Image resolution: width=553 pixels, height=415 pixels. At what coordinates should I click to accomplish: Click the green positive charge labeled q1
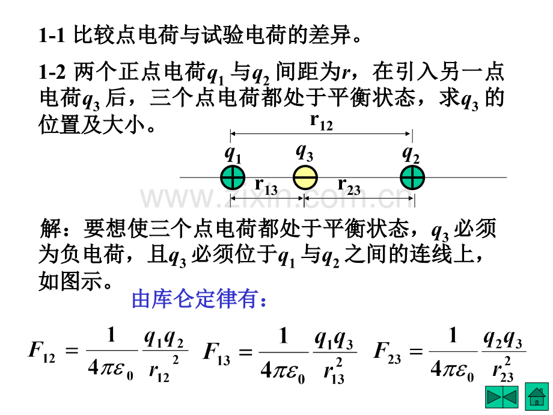point(233,177)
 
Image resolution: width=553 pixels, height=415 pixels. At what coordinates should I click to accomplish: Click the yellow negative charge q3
point(305,177)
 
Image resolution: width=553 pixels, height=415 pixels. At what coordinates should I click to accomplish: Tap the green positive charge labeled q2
point(412,177)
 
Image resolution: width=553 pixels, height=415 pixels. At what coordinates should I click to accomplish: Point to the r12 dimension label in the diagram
point(322,122)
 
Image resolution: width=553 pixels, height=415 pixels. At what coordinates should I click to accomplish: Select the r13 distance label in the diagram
point(266,186)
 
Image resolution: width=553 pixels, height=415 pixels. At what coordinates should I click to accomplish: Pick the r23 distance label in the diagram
point(349,186)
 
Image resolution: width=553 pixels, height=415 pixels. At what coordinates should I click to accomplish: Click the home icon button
point(537,396)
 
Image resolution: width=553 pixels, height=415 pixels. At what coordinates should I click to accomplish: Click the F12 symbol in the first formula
point(41,352)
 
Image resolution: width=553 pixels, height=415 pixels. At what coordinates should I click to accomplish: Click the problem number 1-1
point(52,35)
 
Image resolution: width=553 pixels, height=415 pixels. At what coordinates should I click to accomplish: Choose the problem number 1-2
point(52,72)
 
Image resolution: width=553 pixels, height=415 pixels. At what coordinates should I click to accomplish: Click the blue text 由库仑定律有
point(199,300)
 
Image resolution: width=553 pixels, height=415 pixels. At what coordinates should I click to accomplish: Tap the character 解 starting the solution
point(50,229)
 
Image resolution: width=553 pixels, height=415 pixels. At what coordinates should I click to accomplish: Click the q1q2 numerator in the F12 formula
point(164,339)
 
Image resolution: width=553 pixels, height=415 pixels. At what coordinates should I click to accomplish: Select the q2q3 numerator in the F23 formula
point(503,339)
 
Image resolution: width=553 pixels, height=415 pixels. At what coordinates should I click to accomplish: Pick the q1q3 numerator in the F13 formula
point(334,340)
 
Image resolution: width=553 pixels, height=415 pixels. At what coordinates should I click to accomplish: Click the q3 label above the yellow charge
point(305,153)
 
